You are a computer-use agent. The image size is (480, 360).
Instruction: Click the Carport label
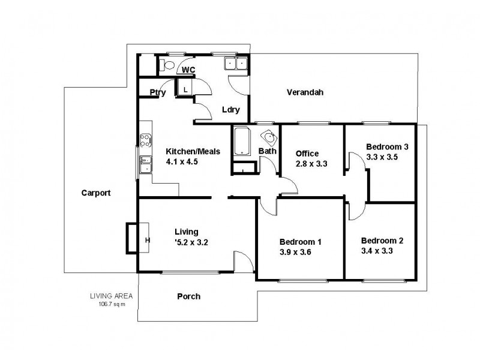point(96,193)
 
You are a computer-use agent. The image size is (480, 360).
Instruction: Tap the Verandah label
point(305,92)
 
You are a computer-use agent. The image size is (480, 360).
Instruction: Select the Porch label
point(188,296)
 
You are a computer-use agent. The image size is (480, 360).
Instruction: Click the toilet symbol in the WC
point(167,65)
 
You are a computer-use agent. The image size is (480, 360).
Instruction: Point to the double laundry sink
point(235,64)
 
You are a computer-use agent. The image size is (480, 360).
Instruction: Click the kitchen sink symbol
point(145,164)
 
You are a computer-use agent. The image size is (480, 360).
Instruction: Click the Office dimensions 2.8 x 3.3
point(311,164)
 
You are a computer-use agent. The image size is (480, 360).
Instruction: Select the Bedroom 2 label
point(382,241)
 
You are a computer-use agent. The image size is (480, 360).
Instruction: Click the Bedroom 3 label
point(387,147)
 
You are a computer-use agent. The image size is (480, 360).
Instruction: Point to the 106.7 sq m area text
point(111,304)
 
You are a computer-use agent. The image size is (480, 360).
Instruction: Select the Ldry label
point(230,110)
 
